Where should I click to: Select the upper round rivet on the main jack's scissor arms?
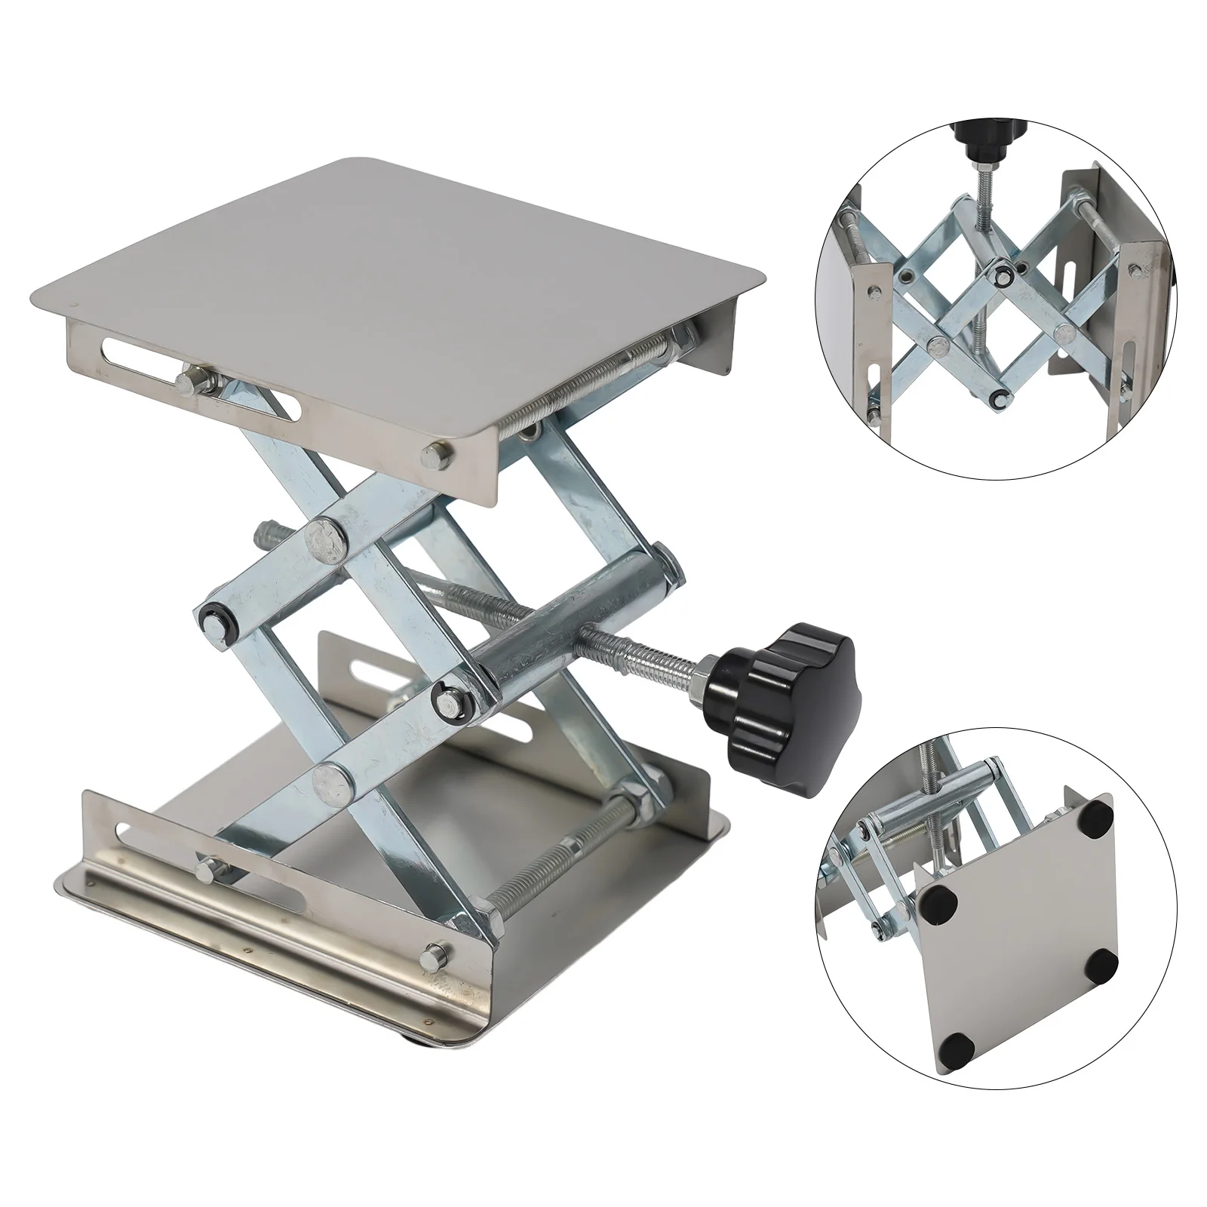pyautogui.click(x=325, y=536)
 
